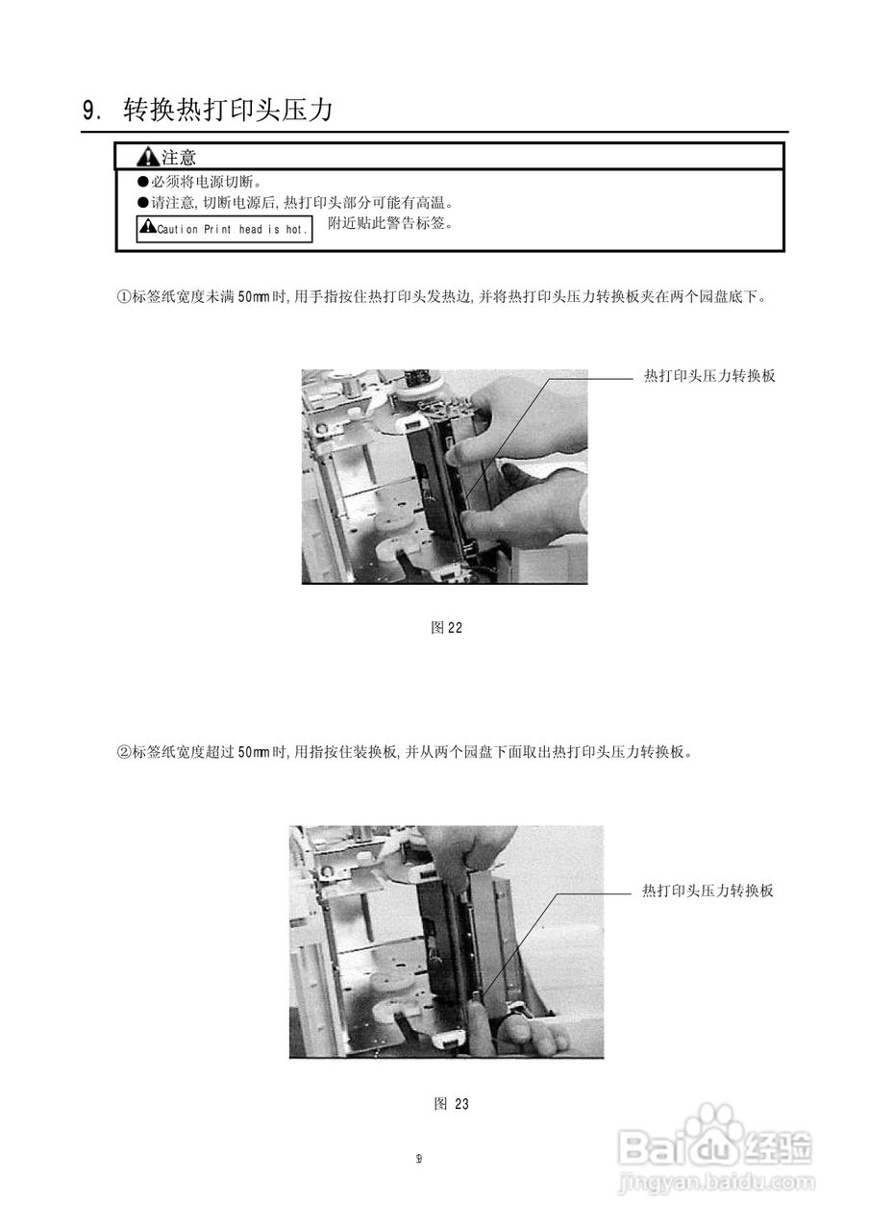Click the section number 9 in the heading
90,111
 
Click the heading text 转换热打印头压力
228,110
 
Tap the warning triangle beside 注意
147,157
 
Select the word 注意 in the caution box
179,157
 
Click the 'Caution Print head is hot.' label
224,229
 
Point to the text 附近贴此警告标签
390,223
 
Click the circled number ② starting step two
123,752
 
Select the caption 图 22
447,627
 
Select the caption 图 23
451,1103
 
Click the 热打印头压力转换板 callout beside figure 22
709,376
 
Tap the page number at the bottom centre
419,1158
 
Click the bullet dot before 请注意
143,203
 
